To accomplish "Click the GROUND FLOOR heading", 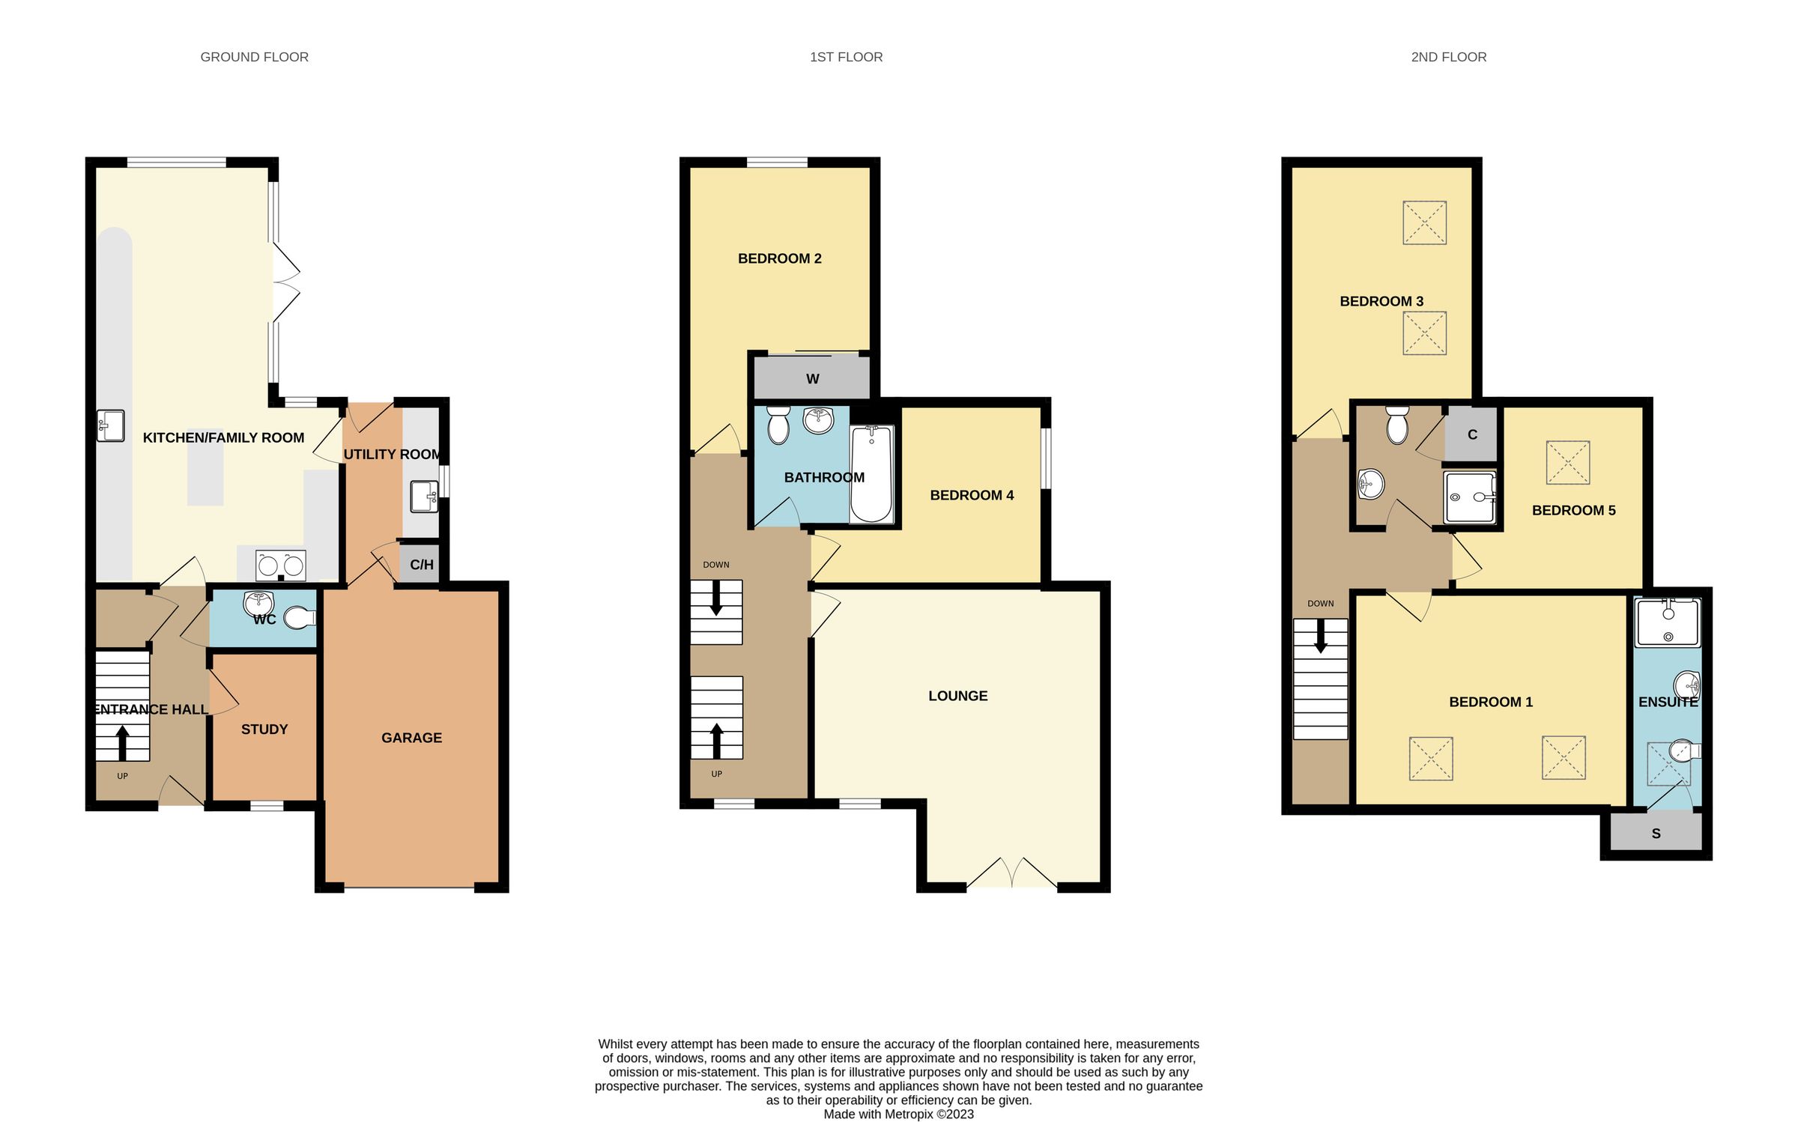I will point(254,57).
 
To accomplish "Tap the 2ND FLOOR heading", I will point(1448,57).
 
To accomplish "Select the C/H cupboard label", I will point(422,565).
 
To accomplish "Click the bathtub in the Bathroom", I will point(871,474).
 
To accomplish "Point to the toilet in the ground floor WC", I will point(300,617).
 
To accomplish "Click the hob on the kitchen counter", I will point(280,566).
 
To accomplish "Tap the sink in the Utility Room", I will point(424,497).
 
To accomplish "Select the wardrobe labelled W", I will point(812,379).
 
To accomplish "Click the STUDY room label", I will point(264,730).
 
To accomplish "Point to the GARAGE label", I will point(411,738).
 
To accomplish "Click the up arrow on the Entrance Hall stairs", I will point(122,742).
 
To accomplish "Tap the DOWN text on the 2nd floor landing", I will point(1320,604).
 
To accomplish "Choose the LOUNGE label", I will point(957,696).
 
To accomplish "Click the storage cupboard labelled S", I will point(1656,834).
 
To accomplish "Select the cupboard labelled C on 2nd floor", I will point(1471,434).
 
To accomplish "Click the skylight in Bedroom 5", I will point(1567,463).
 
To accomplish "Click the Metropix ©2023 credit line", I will point(898,1114).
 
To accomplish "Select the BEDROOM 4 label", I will point(972,495).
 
